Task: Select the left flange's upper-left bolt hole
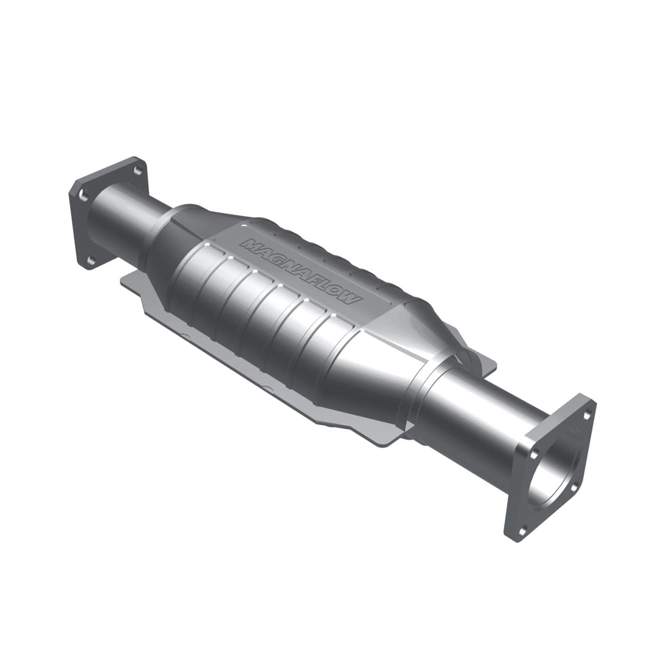[82, 193]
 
